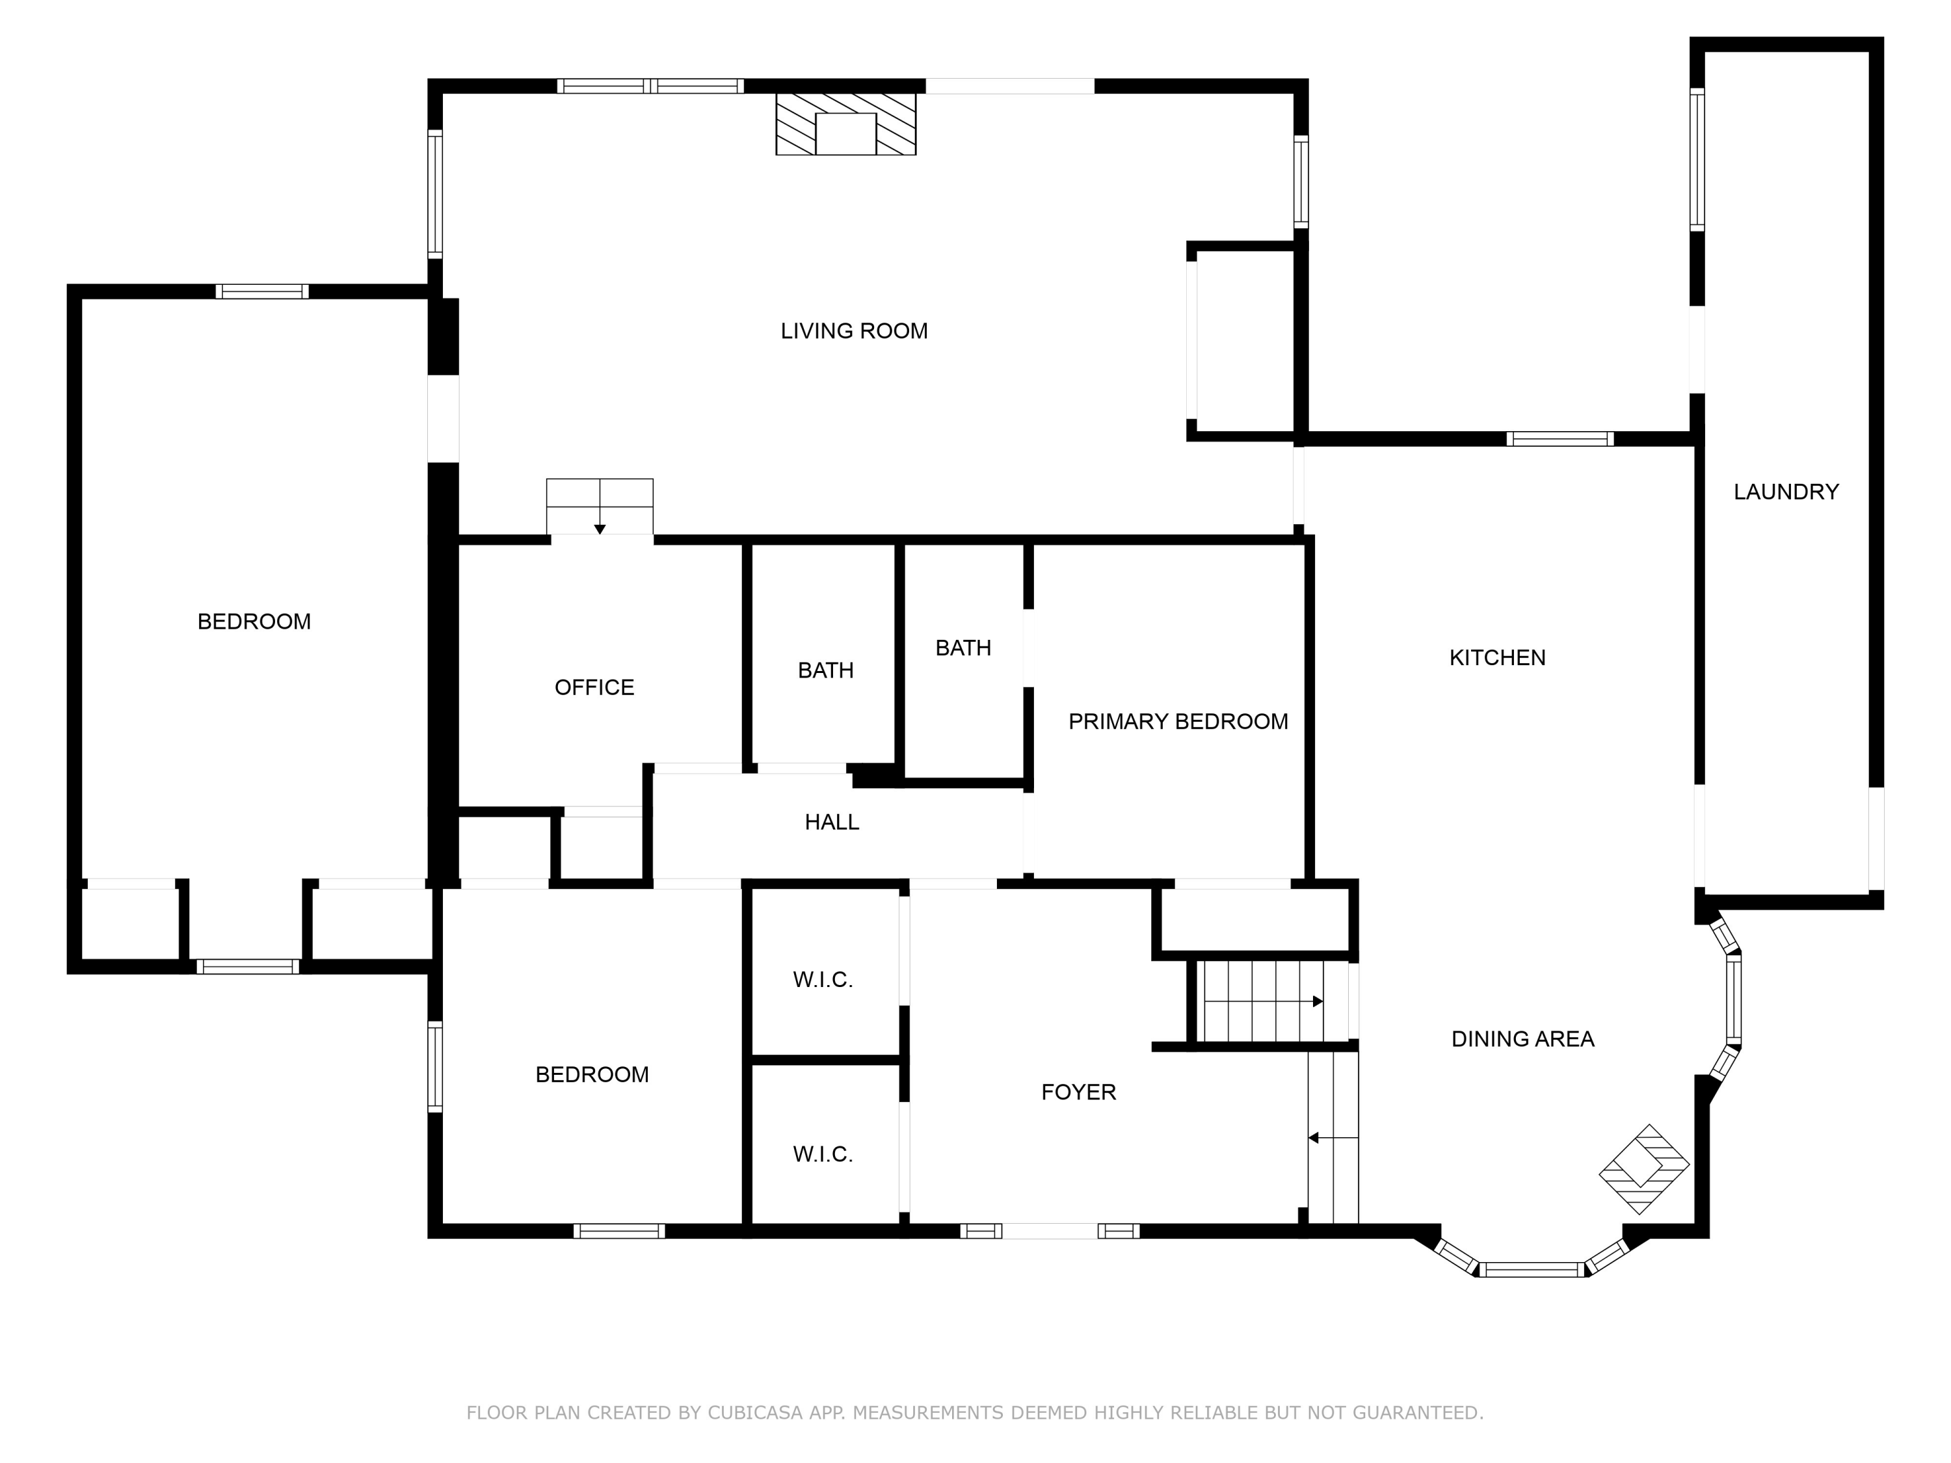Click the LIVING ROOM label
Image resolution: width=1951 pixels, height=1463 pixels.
854,331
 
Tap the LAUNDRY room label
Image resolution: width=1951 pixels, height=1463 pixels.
1786,492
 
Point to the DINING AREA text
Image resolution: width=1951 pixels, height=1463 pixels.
1523,1039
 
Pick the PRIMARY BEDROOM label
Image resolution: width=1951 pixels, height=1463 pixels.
1178,721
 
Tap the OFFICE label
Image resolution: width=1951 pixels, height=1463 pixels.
594,688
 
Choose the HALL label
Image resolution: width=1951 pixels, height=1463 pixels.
832,823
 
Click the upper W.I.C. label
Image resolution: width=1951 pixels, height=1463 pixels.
823,980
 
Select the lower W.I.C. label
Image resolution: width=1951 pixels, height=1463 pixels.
823,1154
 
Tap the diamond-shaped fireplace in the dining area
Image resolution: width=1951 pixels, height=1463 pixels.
1644,1168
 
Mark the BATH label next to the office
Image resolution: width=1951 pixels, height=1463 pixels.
825,671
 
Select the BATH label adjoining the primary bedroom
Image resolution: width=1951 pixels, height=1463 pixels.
963,648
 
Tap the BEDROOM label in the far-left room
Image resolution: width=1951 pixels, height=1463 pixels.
254,622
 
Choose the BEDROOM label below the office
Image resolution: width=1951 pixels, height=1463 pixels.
592,1075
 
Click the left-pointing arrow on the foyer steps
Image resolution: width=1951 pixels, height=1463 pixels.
1333,1139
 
